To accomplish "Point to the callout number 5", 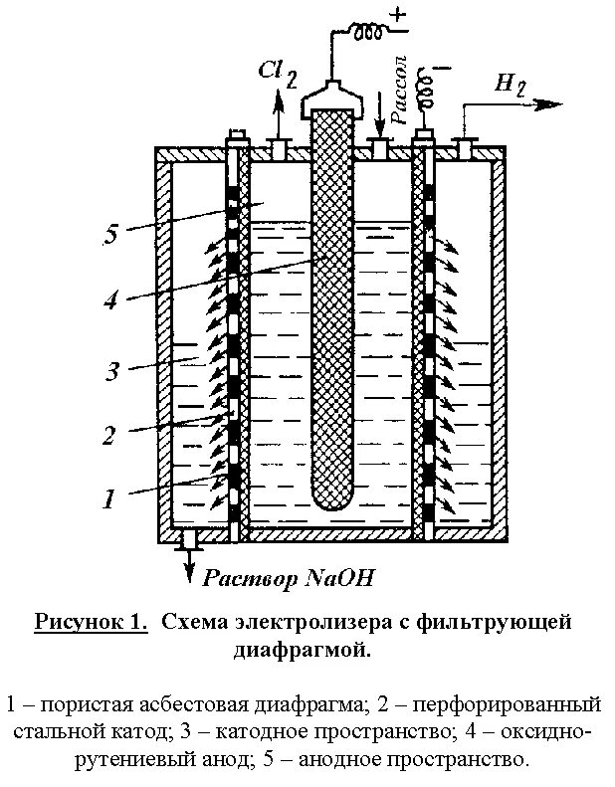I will pos(111,236).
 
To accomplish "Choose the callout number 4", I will pos(111,298).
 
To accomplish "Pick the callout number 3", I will pos(111,372).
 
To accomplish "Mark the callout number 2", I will pos(111,434).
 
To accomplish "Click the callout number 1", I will pos(111,497).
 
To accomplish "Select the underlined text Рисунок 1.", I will pos(91,624).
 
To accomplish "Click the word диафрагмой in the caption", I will pos(302,650).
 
